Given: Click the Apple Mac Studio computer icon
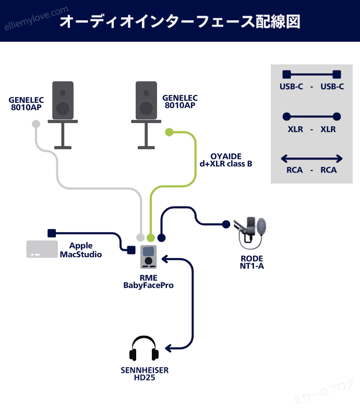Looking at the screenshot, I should click(42, 249).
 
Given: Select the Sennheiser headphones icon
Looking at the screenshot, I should click(145, 348).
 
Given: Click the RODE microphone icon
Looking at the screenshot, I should click(252, 232).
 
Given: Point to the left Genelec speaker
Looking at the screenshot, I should click(63, 99).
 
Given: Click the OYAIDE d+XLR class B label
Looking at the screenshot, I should click(225, 160).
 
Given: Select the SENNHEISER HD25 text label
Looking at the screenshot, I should click(145, 374).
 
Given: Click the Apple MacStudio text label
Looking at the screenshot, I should click(81, 250).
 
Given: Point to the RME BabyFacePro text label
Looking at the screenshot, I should click(148, 282).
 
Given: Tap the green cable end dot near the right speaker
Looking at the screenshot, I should click(169, 132).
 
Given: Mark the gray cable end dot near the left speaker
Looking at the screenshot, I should click(35, 124).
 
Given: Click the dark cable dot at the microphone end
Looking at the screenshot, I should click(226, 224).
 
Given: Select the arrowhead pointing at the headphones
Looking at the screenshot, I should click(167, 347).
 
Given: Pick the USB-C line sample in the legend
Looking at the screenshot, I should click(311, 75).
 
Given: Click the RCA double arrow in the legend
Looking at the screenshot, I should click(311, 158).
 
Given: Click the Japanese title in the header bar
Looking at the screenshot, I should click(179, 21).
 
